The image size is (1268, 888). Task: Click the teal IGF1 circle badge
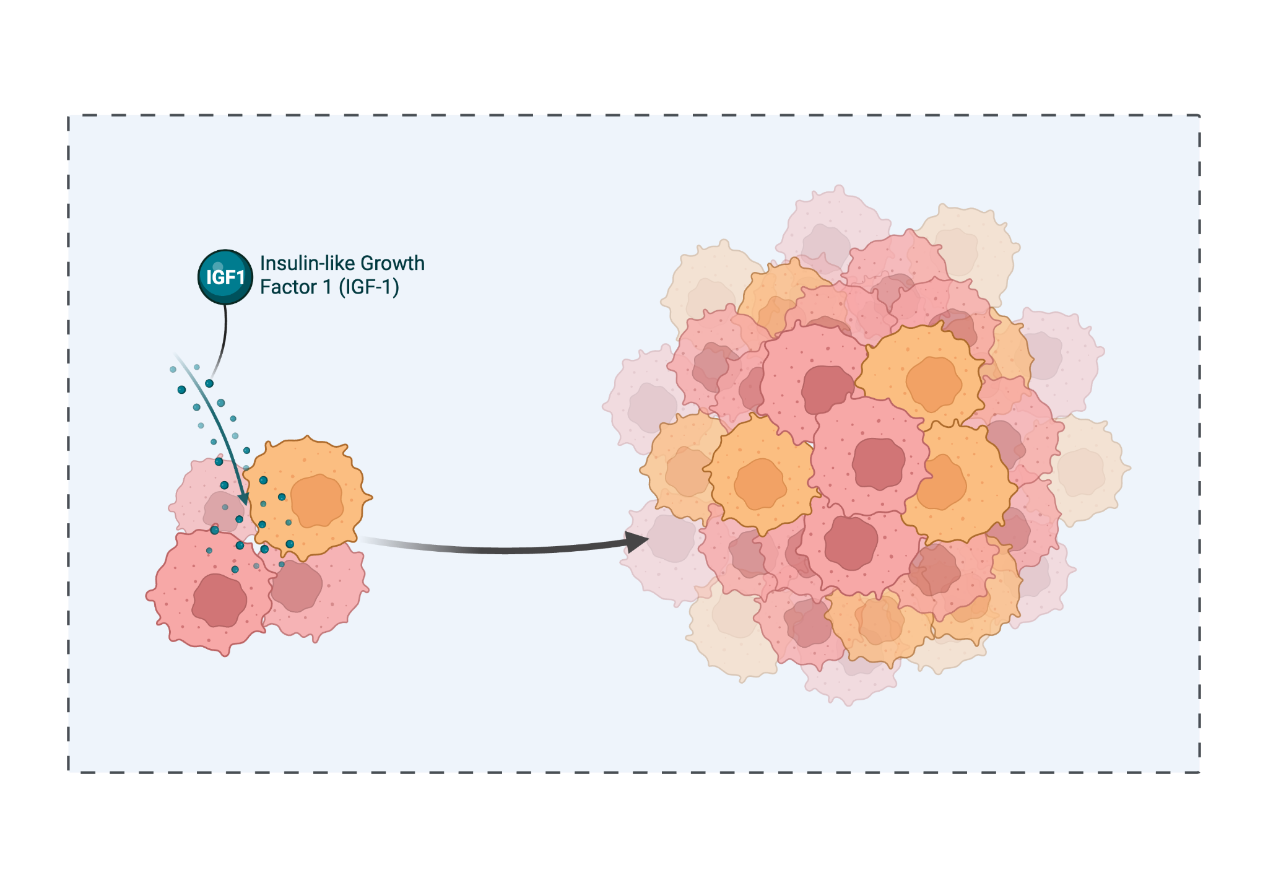(225, 277)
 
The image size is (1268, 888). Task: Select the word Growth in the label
(393, 264)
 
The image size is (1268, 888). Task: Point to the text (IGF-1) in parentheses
(368, 287)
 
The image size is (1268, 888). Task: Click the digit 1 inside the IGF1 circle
(240, 277)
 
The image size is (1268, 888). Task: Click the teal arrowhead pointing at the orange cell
(243, 498)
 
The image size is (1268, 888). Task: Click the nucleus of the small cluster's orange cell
(317, 500)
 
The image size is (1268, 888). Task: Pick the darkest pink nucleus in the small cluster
(219, 600)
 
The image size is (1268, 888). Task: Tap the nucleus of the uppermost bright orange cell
(933, 383)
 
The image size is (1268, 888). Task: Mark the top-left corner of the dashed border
(69, 116)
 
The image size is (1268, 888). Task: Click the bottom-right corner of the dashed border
(1199, 772)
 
